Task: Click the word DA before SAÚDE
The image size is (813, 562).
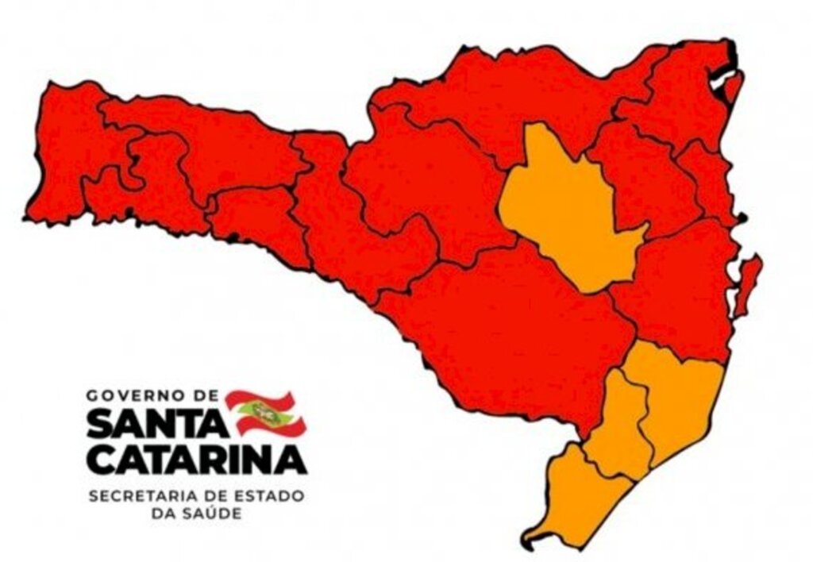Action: pyautogui.click(x=163, y=514)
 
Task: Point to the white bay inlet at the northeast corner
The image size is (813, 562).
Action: pyautogui.click(x=719, y=79)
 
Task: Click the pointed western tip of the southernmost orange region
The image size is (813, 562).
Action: pyautogui.click(x=526, y=543)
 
